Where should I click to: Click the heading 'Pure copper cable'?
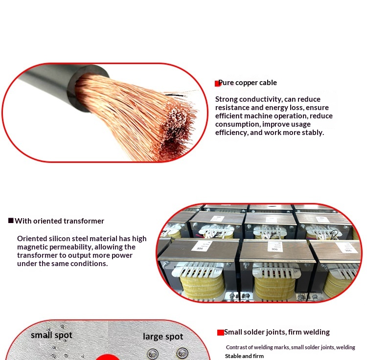(x=248, y=83)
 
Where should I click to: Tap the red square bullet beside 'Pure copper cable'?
(x=217, y=84)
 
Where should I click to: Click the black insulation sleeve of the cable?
(x=61, y=84)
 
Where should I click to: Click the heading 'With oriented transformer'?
(x=59, y=221)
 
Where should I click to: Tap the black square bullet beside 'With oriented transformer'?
(x=11, y=220)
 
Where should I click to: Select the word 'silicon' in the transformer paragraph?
(x=59, y=239)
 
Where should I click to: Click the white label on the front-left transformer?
(x=201, y=246)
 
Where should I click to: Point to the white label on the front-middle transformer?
(x=275, y=247)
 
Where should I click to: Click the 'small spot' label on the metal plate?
(x=51, y=335)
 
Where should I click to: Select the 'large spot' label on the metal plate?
(x=163, y=337)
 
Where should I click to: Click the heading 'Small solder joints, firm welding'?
(x=277, y=332)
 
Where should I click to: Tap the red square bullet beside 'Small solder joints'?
(x=221, y=333)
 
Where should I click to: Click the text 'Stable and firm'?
(x=244, y=356)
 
